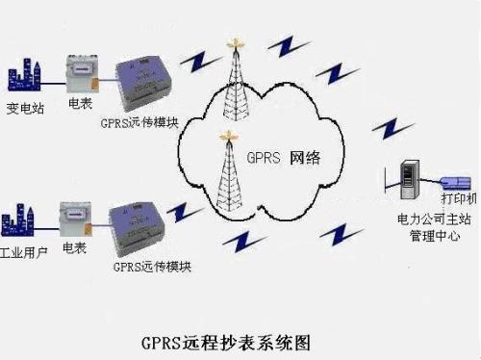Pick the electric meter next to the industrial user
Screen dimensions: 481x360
[76, 220]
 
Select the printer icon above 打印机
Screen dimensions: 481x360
[454, 180]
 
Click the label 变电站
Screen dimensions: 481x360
[25, 107]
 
